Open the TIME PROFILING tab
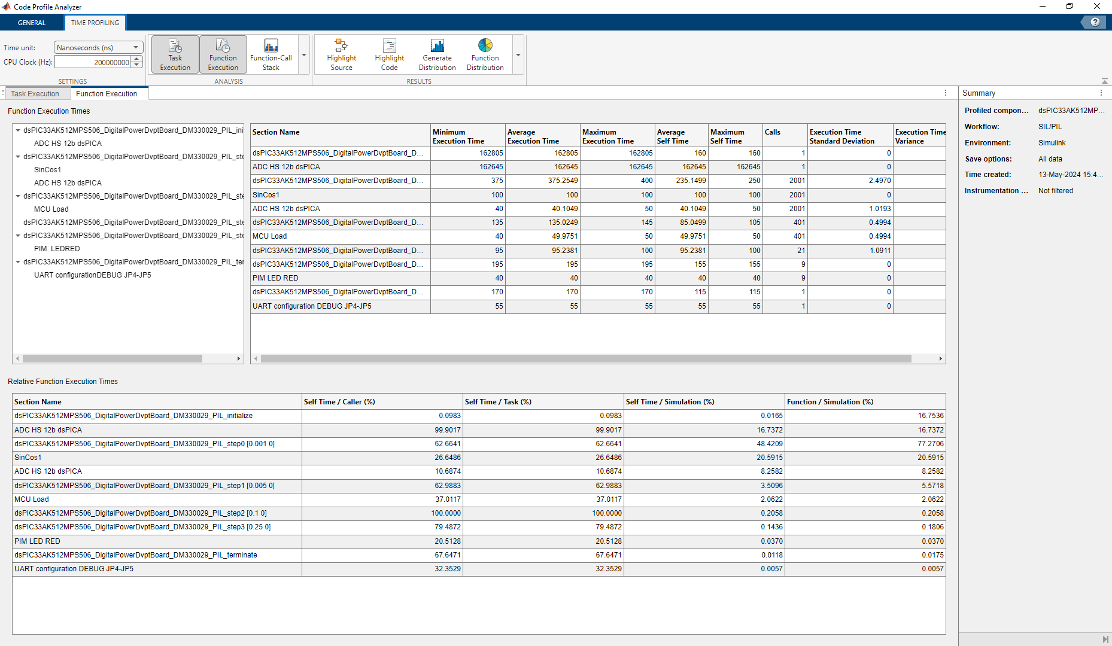click(95, 23)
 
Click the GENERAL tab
click(32, 23)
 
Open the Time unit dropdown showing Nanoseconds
click(98, 48)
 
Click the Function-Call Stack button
click(271, 54)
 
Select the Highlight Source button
click(341, 54)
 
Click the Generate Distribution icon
click(437, 46)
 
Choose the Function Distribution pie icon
click(485, 45)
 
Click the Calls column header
click(772, 132)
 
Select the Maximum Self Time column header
click(727, 136)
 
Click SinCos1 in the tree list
click(48, 170)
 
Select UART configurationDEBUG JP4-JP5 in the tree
click(93, 275)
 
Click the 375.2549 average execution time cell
click(563, 181)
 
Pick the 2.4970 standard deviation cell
click(879, 181)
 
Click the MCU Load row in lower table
click(32, 499)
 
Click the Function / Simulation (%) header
click(830, 402)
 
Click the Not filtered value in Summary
click(1056, 191)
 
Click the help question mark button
click(1095, 22)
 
